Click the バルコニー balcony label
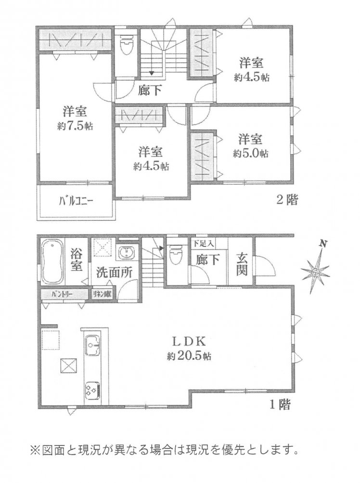76,202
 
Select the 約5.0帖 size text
250,154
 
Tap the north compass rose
315,272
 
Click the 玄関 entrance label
242,264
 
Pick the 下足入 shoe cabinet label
203,243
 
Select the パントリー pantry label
62,294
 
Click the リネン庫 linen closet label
101,294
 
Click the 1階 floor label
280,405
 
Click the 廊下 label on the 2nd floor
149,90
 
